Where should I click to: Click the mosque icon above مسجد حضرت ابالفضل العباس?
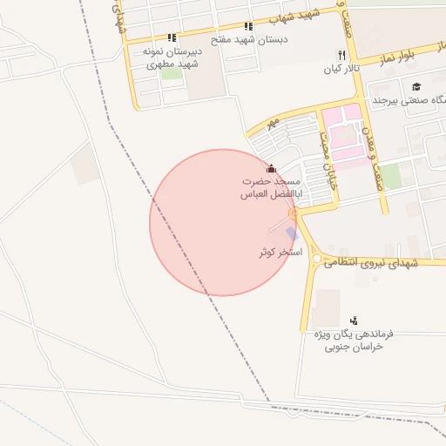coord(271,169)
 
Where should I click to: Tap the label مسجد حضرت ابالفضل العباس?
coord(271,189)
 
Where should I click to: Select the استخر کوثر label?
coord(280,252)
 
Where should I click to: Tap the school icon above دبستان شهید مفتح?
coord(248,27)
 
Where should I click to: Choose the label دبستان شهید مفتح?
coord(249,40)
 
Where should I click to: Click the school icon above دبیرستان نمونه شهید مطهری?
coord(172,37)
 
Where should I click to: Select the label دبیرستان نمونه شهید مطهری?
coord(171,57)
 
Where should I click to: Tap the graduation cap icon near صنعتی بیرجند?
coord(417,86)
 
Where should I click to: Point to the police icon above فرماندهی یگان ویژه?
coord(353,321)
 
